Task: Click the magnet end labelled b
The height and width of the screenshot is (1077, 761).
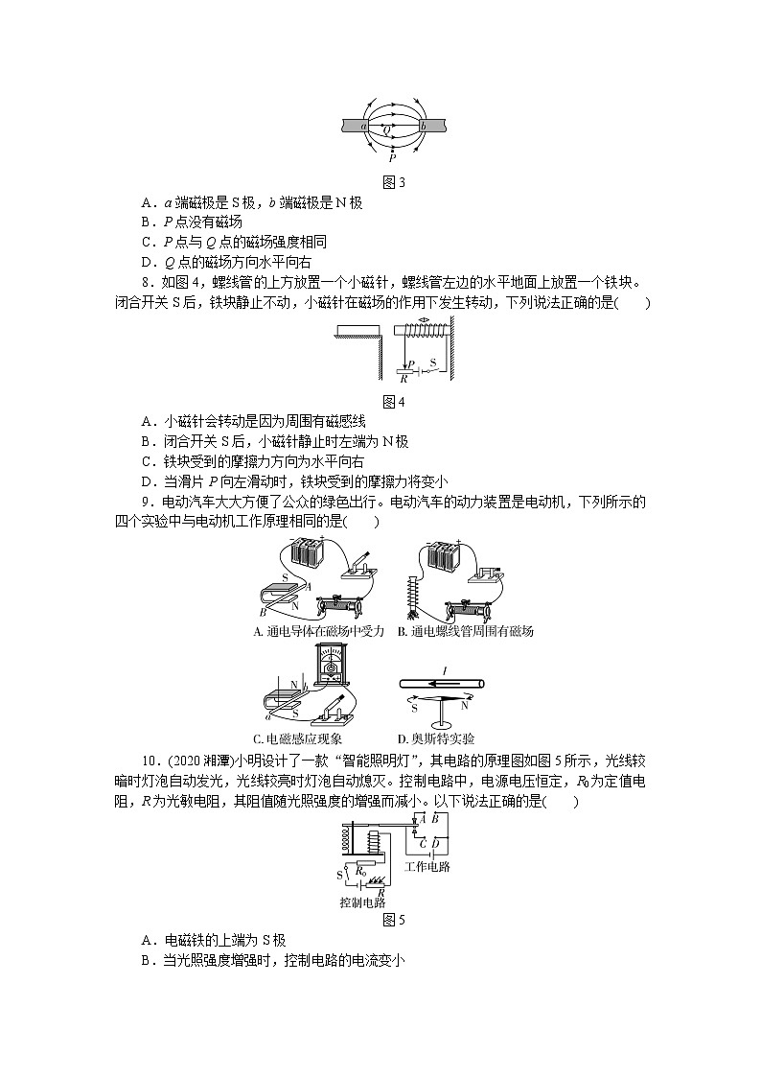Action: pyautogui.click(x=423, y=126)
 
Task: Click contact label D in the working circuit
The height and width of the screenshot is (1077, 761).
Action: pyautogui.click(x=435, y=843)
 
